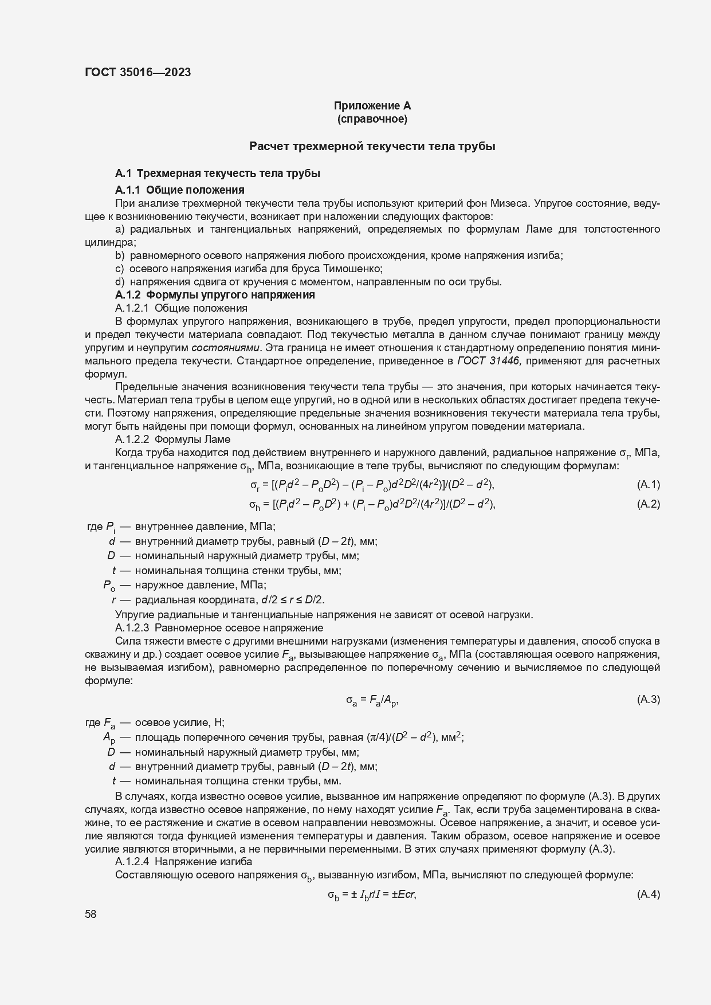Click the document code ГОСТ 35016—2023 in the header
[138, 72]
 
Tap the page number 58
[91, 914]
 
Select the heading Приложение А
[372, 105]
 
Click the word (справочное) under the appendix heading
[372, 119]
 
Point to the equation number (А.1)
[648, 485]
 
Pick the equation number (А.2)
[648, 504]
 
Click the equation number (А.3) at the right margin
[648, 699]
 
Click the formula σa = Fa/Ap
[372, 700]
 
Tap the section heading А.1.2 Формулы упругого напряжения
[215, 295]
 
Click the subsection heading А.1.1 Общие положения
[180, 190]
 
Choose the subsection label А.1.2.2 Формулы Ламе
[172, 439]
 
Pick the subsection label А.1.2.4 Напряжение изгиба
[183, 862]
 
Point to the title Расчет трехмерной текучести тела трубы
[372, 146]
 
